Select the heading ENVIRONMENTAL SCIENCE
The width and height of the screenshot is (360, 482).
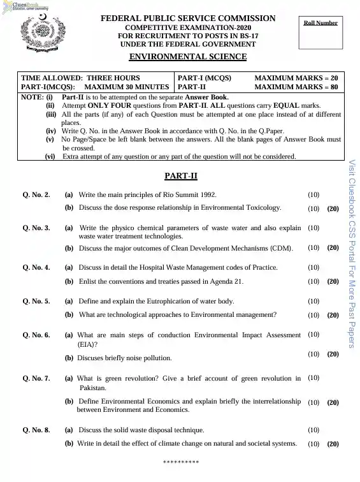[188, 57]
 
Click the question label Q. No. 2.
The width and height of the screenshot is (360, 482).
[36, 194]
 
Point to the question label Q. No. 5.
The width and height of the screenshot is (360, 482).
[36, 301]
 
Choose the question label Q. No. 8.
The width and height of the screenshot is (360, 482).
[36, 430]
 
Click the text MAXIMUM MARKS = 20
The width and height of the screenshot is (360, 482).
[296, 77]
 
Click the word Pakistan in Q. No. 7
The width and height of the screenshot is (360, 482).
[93, 388]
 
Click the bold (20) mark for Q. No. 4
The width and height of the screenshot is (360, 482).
[333, 281]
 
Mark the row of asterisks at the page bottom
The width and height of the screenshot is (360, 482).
[181, 461]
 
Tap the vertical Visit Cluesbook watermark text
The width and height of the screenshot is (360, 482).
[352, 255]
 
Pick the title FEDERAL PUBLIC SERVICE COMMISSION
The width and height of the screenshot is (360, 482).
[188, 18]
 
